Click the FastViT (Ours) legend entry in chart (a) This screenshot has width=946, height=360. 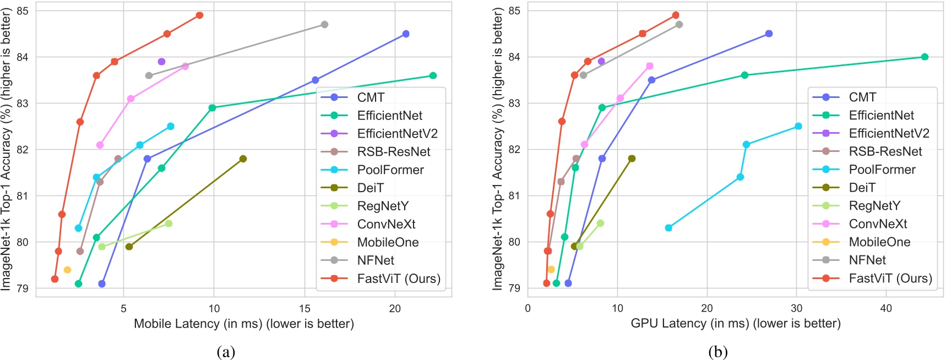[x=399, y=279]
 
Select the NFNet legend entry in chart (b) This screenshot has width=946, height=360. [x=867, y=260]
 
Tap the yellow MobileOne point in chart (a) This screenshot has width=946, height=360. [x=67, y=270]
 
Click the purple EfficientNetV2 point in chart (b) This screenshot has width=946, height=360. [x=601, y=61]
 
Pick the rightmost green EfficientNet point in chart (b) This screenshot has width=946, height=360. [x=925, y=57]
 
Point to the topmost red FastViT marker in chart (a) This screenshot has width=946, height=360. [x=199, y=15]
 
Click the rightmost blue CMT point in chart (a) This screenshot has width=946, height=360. [x=406, y=34]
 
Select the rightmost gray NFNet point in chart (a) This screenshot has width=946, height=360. [x=324, y=24]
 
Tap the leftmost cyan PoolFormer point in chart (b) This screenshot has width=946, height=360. [x=668, y=228]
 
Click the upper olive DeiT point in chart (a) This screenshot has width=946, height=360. [x=243, y=159]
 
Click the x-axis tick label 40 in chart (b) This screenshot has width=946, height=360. [x=886, y=309]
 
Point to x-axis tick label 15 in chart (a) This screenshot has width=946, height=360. [x=305, y=309]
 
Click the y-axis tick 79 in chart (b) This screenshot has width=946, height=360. [x=513, y=288]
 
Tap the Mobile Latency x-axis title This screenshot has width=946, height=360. [x=243, y=324]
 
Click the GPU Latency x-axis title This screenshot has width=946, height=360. [x=735, y=324]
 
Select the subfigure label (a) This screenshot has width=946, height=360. [x=226, y=352]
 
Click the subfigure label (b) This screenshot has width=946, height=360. [x=718, y=352]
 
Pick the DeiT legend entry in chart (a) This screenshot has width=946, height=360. [x=370, y=188]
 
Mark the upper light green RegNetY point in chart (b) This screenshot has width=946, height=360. [x=600, y=223]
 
